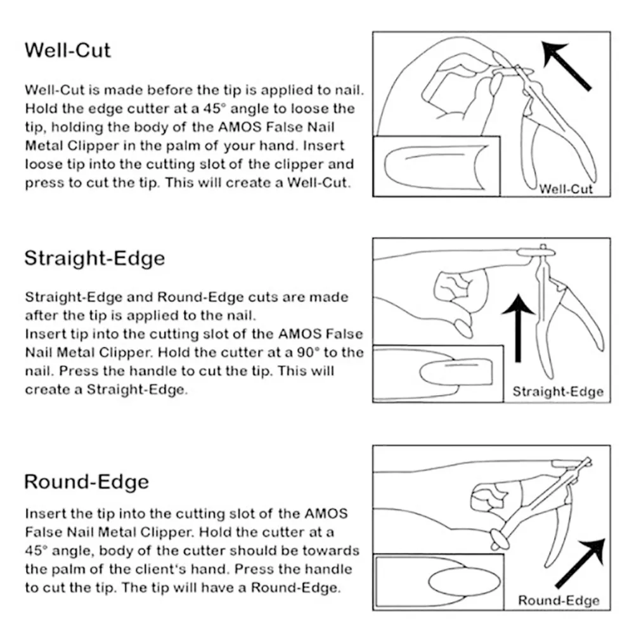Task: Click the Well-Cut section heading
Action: [68, 51]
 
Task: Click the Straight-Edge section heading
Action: [94, 259]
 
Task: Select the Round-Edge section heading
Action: [86, 482]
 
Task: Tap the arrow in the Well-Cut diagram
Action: [566, 65]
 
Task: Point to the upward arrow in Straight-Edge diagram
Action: [518, 328]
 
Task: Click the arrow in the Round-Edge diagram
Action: [581, 563]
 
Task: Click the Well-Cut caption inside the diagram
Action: [566, 189]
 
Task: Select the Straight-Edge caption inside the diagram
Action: [558, 391]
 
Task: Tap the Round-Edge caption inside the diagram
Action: [559, 600]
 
